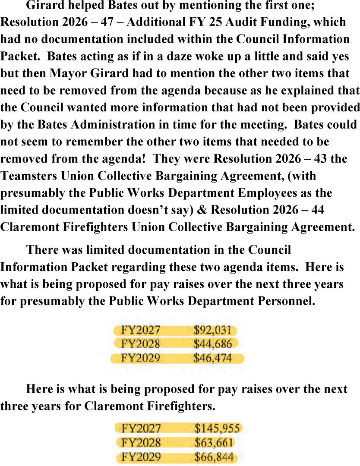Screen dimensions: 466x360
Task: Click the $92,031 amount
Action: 213,331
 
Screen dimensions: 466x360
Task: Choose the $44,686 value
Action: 213,344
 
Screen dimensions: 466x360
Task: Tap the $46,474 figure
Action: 213,358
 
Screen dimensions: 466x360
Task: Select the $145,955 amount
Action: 217,428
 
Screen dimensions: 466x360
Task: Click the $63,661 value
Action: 214,442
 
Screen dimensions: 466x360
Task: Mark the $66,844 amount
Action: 215,457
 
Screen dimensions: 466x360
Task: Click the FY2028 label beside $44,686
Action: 141,344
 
